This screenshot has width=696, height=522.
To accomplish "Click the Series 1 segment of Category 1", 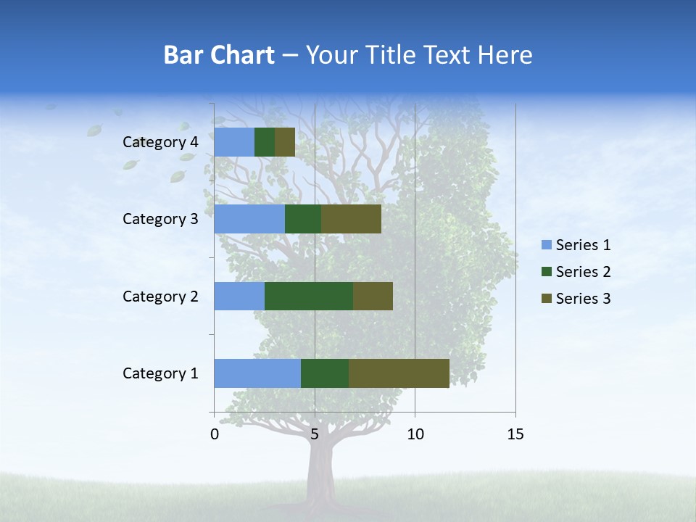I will click(x=257, y=373).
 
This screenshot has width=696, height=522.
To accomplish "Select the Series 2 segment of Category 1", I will click(x=325, y=373).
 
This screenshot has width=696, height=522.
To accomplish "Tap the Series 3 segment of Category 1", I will click(x=399, y=373).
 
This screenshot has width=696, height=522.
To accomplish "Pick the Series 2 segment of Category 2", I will click(x=309, y=296).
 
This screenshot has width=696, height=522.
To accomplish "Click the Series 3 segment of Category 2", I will click(x=373, y=296).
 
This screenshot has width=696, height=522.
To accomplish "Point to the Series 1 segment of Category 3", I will click(x=249, y=219).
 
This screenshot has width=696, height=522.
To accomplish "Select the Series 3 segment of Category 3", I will click(x=351, y=219).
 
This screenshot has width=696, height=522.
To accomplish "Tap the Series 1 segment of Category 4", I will click(x=234, y=142).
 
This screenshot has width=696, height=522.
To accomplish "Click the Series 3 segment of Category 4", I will click(x=285, y=142).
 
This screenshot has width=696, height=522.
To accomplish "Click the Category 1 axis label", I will click(x=160, y=373).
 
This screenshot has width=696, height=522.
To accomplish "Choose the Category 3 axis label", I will click(x=160, y=219).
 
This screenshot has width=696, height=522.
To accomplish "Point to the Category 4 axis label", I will click(x=160, y=142).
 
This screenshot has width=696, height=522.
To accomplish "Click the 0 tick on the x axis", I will click(x=215, y=434).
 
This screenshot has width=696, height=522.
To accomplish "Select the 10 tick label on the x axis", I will click(x=415, y=434).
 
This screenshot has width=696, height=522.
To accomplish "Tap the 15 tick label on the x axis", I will click(x=515, y=434).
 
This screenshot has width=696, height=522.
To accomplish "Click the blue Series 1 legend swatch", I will click(x=546, y=245).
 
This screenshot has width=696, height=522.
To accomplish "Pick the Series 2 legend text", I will click(x=583, y=272).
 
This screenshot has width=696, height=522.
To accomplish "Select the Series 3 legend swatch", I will click(x=546, y=299).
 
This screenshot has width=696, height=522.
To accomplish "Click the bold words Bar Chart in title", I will click(x=219, y=55).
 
